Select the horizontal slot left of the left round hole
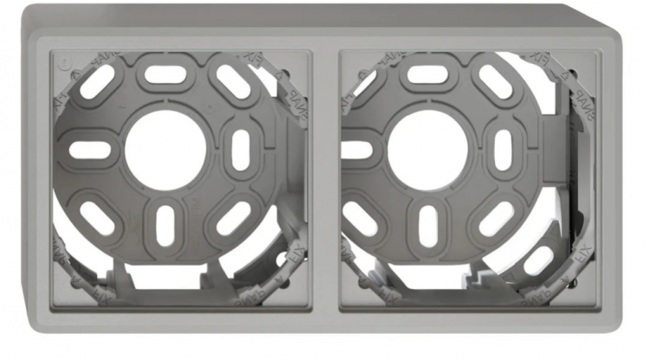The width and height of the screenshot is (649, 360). coord(90,150)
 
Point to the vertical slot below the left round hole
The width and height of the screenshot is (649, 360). coord(165,224)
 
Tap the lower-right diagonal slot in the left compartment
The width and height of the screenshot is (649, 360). coord(233,217)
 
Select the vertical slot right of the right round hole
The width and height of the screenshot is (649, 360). coord(503,150)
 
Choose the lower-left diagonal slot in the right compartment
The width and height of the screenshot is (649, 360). coord(363,216)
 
